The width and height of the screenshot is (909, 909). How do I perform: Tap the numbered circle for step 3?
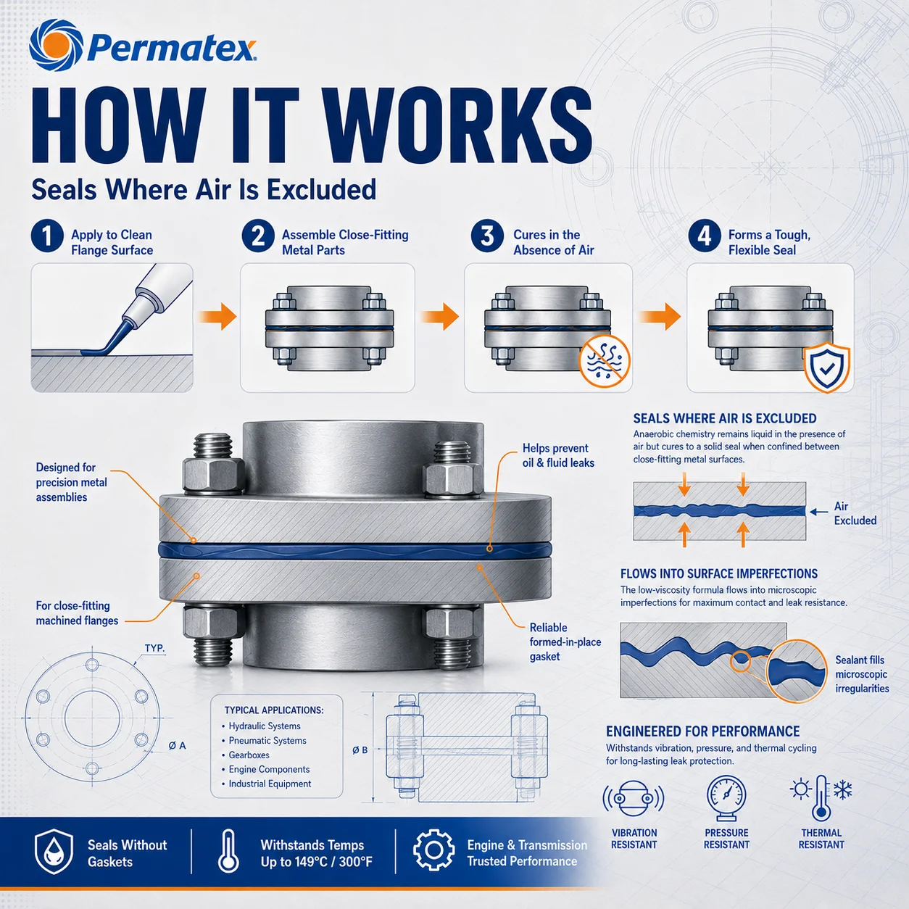click(487, 236)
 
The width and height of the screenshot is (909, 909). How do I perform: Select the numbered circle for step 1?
click(47, 236)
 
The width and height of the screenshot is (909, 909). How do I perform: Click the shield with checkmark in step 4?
click(826, 368)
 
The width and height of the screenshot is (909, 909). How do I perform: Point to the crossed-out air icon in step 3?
click(605, 362)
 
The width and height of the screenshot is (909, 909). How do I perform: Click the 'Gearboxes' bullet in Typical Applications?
click(249, 755)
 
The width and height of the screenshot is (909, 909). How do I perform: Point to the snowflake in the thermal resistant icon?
click(843, 789)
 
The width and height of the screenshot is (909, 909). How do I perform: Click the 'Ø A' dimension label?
click(177, 746)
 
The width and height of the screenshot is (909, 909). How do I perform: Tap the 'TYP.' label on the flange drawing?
click(154, 649)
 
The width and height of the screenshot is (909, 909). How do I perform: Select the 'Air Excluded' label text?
click(855, 513)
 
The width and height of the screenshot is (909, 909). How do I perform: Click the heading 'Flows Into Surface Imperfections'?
click(719, 573)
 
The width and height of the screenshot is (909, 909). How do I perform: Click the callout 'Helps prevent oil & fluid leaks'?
click(558, 455)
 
